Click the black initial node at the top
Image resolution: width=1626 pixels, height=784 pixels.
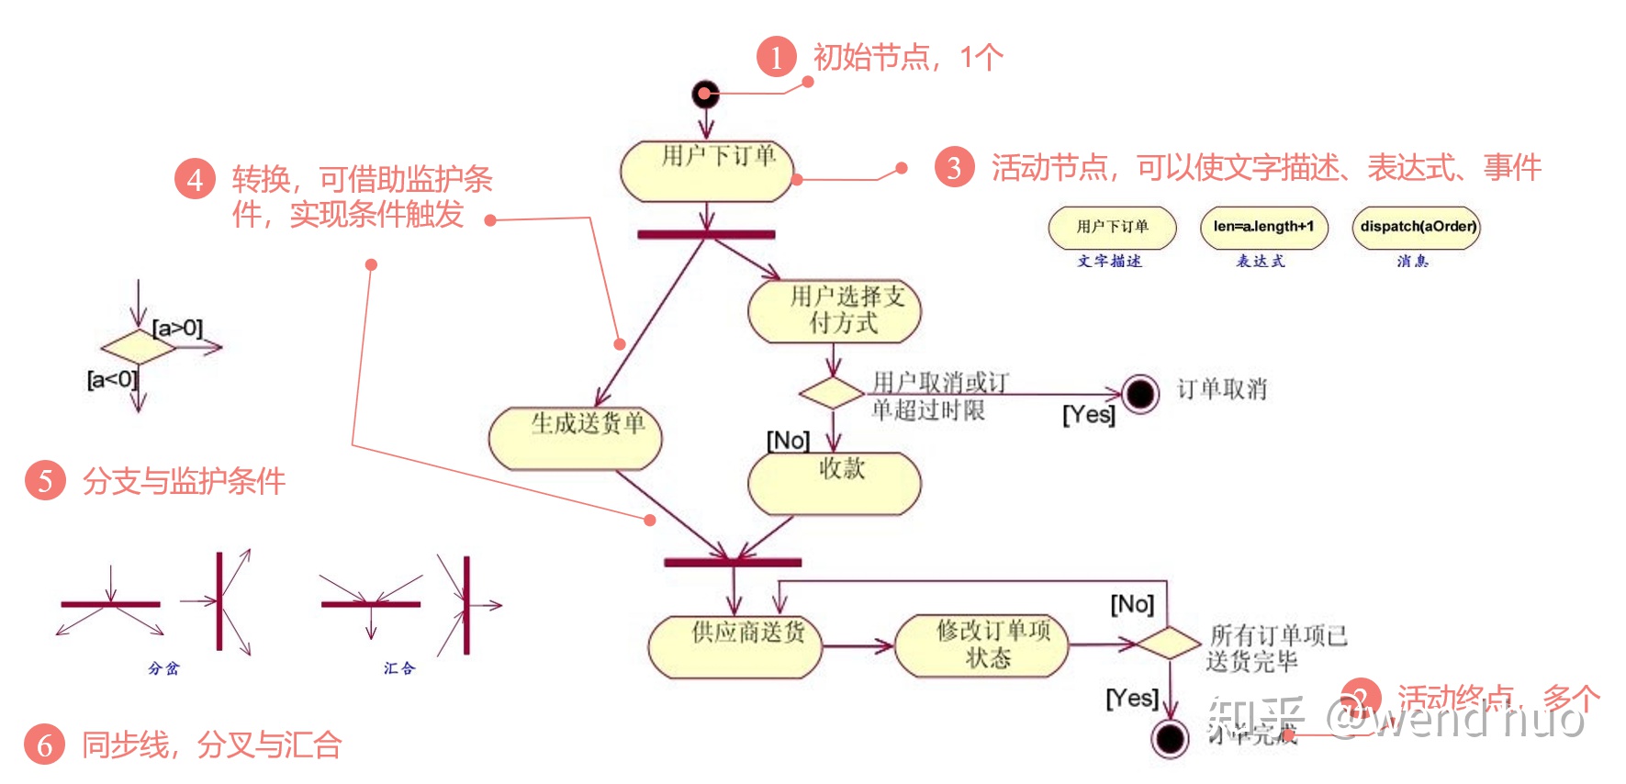tap(705, 94)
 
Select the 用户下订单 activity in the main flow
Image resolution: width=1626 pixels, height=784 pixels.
tap(707, 171)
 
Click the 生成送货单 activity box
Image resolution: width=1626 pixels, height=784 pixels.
tap(576, 438)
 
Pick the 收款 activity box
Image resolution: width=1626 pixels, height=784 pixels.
tap(835, 483)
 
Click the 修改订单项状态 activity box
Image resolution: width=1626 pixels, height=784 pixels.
tap(981, 645)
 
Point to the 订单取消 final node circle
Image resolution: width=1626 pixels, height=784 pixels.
tap(1140, 395)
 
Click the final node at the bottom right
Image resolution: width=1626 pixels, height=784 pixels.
tap(1171, 737)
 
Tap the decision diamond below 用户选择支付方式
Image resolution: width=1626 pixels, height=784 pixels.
tap(832, 393)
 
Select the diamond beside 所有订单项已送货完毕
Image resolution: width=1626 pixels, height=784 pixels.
tap(1169, 643)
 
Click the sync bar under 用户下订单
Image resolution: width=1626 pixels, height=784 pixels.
tap(706, 234)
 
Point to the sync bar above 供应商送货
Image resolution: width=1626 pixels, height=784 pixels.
tap(733, 562)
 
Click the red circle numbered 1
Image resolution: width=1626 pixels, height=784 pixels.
tap(777, 57)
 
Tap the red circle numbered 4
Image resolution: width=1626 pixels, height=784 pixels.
tap(195, 178)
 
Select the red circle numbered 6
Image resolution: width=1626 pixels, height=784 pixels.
tap(44, 745)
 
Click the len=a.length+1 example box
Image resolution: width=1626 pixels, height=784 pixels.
tap(1263, 227)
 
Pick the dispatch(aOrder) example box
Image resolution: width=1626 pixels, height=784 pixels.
tap(1417, 227)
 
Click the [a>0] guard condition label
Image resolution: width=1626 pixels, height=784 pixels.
tap(177, 328)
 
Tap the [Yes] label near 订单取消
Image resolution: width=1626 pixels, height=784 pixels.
tap(1089, 415)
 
